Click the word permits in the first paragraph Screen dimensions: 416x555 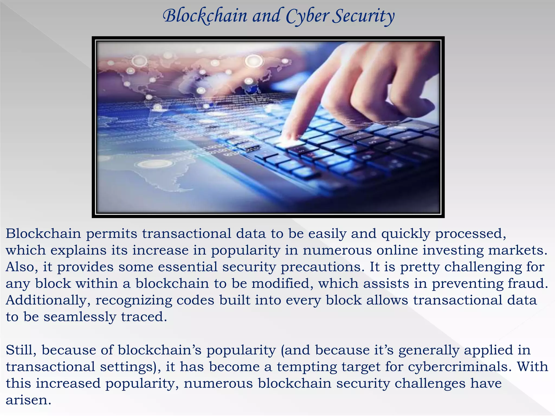(x=112, y=234)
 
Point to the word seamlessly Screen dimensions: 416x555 (x=80, y=317)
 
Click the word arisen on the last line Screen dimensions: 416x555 (x=28, y=400)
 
